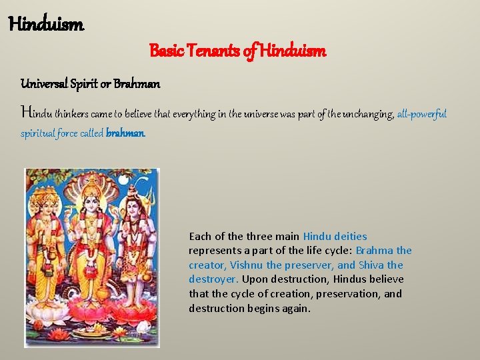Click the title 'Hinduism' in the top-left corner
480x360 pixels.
[x=46, y=25]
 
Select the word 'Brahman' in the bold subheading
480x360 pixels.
[x=137, y=84]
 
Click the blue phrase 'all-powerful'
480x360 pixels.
[x=421, y=114]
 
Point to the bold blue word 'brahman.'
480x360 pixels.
[x=125, y=133]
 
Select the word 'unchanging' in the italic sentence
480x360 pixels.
[x=367, y=114]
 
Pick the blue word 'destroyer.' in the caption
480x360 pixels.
[x=213, y=279]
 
